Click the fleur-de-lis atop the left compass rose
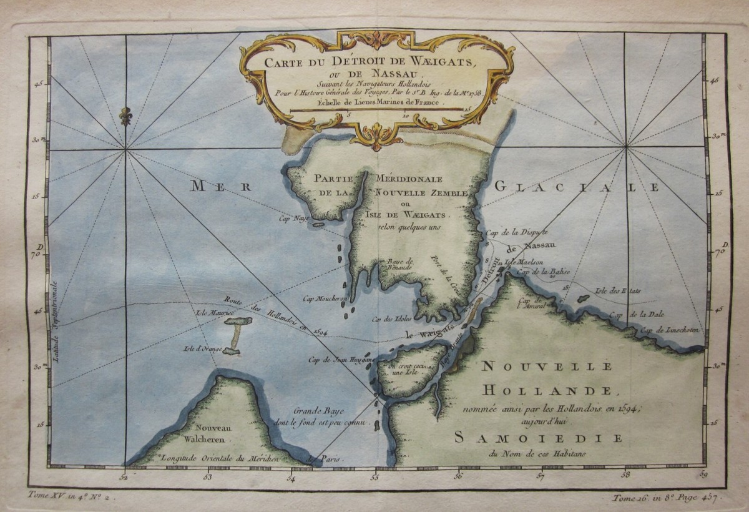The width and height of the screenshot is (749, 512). pos(126,116)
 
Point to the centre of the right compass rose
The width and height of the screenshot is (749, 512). pos(625,147)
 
